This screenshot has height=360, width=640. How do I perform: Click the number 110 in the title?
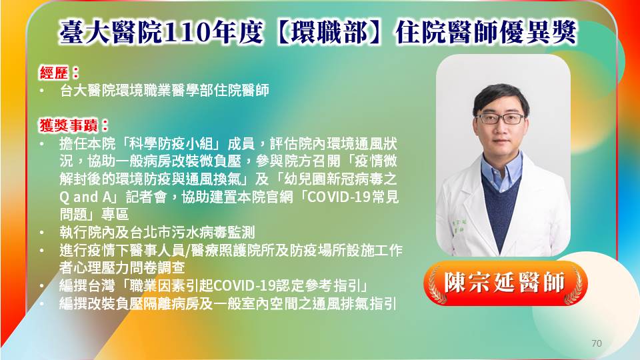[187, 32]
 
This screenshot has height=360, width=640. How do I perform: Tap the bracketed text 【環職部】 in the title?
[329, 32]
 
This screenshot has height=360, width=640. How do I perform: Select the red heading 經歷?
[54, 73]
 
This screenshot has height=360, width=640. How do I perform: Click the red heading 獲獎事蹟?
[69, 125]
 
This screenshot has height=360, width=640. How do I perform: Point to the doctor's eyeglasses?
[501, 119]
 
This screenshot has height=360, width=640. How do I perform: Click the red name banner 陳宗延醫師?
[505, 283]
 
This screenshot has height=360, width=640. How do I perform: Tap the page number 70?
[596, 343]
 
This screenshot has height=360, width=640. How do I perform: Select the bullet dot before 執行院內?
[42, 233]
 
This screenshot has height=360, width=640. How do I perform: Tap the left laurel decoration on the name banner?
[436, 285]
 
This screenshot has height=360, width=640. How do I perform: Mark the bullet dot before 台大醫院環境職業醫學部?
[42, 91]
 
